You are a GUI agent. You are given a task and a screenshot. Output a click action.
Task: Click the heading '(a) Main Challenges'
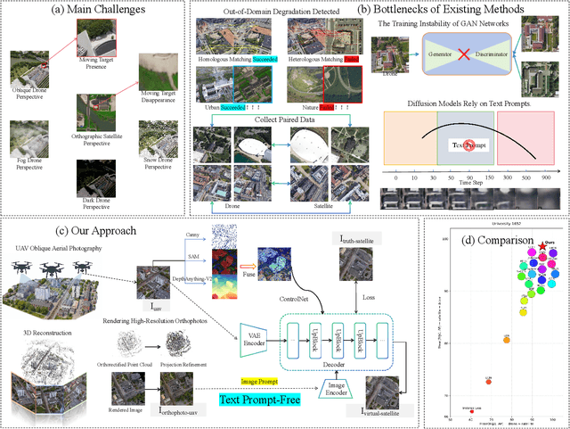(x=94, y=12)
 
